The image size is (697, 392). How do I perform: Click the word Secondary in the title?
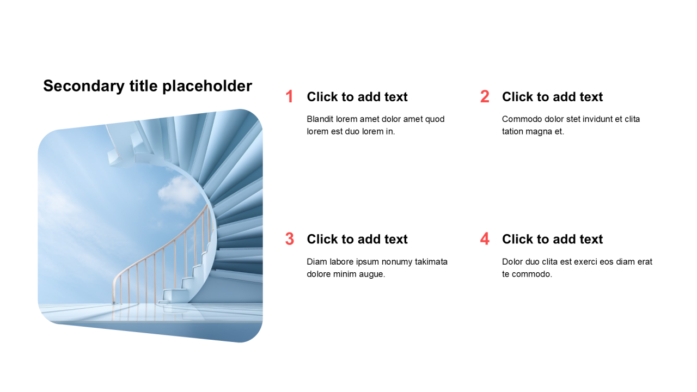tap(84, 86)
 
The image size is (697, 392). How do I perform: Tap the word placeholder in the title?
tap(207, 86)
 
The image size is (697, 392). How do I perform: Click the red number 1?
tap(290, 96)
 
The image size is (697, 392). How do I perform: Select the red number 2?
tap(485, 96)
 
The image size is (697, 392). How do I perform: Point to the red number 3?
tap(290, 239)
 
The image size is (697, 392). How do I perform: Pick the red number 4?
tap(485, 239)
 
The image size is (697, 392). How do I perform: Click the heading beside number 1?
tap(357, 97)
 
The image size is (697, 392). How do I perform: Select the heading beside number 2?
tap(552, 97)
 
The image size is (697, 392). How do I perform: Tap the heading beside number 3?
tap(357, 239)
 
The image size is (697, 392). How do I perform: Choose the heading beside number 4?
tap(552, 239)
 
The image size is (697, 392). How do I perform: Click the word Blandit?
tap(320, 119)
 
